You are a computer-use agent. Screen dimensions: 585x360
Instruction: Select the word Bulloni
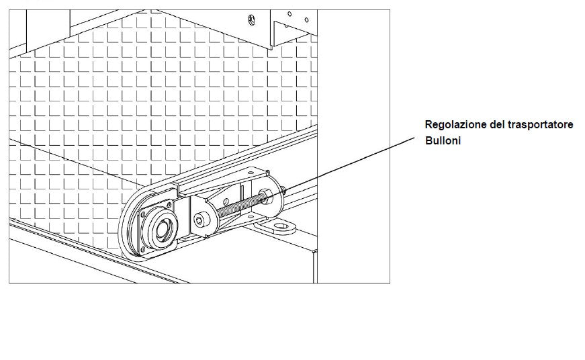[443, 140]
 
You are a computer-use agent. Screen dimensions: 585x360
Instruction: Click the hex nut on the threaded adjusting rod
[266, 196]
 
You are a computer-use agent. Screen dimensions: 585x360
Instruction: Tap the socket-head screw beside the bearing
[202, 220]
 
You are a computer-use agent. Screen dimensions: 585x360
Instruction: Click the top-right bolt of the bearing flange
[169, 205]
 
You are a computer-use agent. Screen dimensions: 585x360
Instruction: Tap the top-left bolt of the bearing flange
[142, 214]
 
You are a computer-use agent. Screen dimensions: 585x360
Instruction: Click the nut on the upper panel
[251, 19]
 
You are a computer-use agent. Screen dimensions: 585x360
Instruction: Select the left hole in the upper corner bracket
[289, 14]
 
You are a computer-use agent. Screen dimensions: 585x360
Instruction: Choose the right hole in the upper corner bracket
[306, 19]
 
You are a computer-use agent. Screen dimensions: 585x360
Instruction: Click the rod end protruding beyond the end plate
[283, 190]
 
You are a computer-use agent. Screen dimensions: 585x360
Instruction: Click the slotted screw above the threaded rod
[225, 201]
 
